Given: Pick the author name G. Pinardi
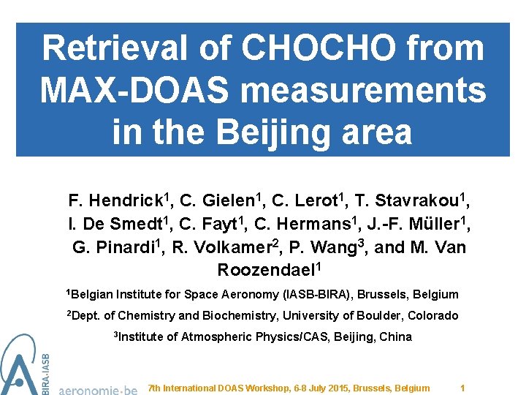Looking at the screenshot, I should click(115, 247).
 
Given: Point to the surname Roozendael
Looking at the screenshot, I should click(266, 270).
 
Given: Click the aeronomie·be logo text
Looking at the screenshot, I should click(98, 389).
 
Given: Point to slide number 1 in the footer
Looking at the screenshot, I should click(462, 388).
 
